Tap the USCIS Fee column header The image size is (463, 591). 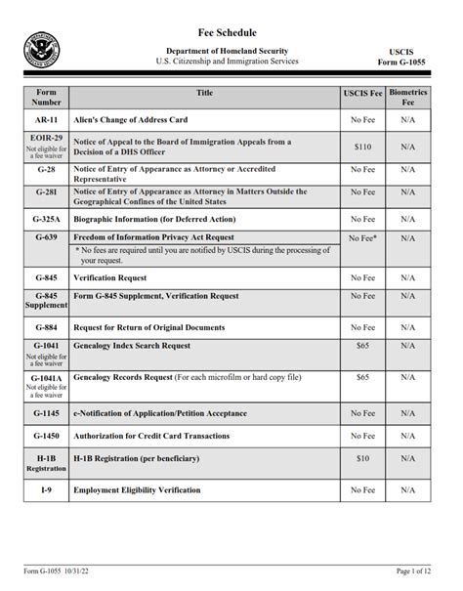click(362, 94)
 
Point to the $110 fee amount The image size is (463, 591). click(362, 146)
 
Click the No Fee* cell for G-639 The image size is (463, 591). click(362, 237)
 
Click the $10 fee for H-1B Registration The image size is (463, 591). click(362, 458)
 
